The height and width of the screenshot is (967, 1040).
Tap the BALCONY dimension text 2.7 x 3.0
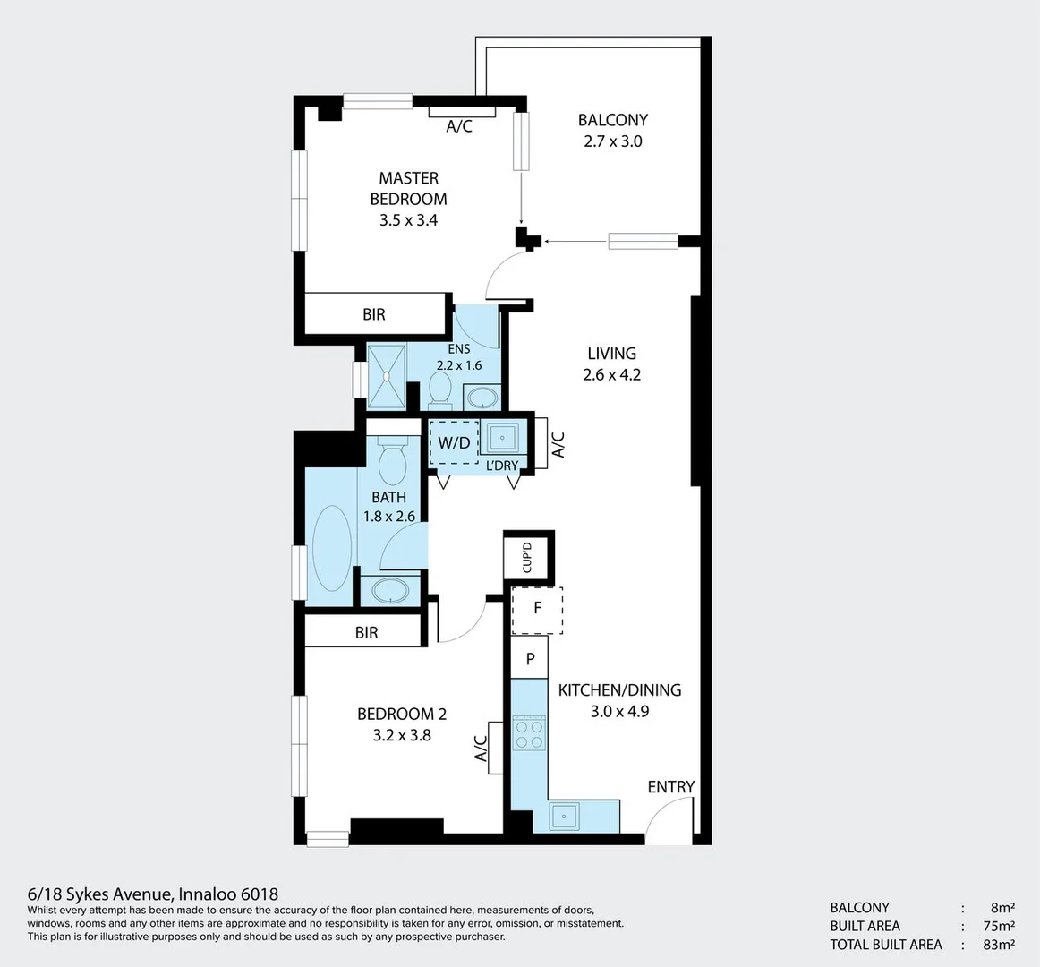pos(612,141)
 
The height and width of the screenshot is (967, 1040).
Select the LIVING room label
pos(611,354)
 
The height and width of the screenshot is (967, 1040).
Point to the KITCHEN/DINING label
pos(619,690)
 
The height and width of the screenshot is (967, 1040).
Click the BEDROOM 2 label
pos(401,714)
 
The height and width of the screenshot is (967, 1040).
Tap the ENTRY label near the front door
pos(670,787)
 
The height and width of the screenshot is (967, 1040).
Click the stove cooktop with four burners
pos(529,733)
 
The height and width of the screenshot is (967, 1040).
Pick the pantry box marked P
pos(530,659)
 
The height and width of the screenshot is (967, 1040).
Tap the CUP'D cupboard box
pos(527,557)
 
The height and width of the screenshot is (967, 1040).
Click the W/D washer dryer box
pos(454,442)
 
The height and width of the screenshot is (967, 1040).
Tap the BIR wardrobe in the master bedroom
pos(374,314)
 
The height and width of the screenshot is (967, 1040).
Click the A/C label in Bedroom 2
pos(481,748)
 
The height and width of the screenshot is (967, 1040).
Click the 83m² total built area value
pos(997,945)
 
